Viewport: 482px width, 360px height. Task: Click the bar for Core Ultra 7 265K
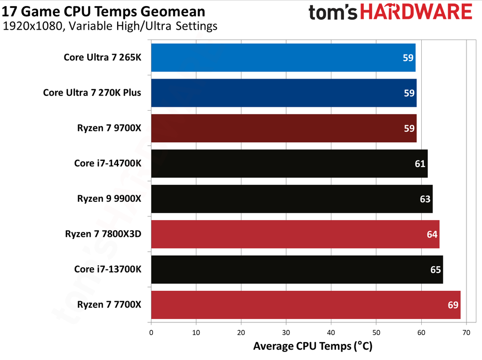(x=283, y=58)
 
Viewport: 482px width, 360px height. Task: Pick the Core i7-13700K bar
(x=297, y=270)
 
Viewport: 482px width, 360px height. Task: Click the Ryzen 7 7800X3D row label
(x=103, y=234)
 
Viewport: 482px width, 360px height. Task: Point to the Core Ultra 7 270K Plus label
(x=92, y=93)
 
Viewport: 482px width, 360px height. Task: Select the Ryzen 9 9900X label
(x=109, y=199)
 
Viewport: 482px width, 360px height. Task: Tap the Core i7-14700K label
(x=107, y=163)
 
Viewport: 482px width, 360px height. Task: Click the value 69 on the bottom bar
(x=453, y=305)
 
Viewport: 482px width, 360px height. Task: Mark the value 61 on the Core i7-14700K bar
(x=420, y=164)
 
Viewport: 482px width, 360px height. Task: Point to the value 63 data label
(x=425, y=199)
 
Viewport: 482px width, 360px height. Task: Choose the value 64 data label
(x=432, y=234)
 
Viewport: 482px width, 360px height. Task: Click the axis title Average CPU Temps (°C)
(x=313, y=347)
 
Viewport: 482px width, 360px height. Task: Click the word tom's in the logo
(x=335, y=13)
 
